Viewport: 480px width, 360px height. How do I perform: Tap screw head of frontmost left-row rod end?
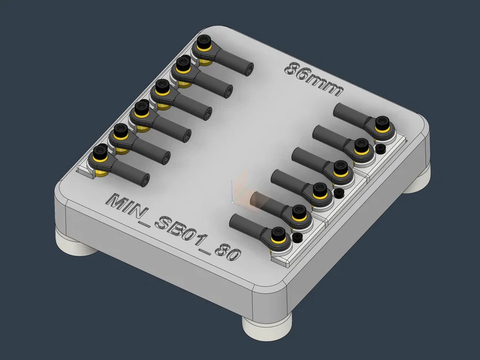click(100, 153)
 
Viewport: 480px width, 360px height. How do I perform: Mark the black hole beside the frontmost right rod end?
click(297, 237)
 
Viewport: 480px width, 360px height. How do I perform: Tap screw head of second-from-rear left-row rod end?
click(184, 63)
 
